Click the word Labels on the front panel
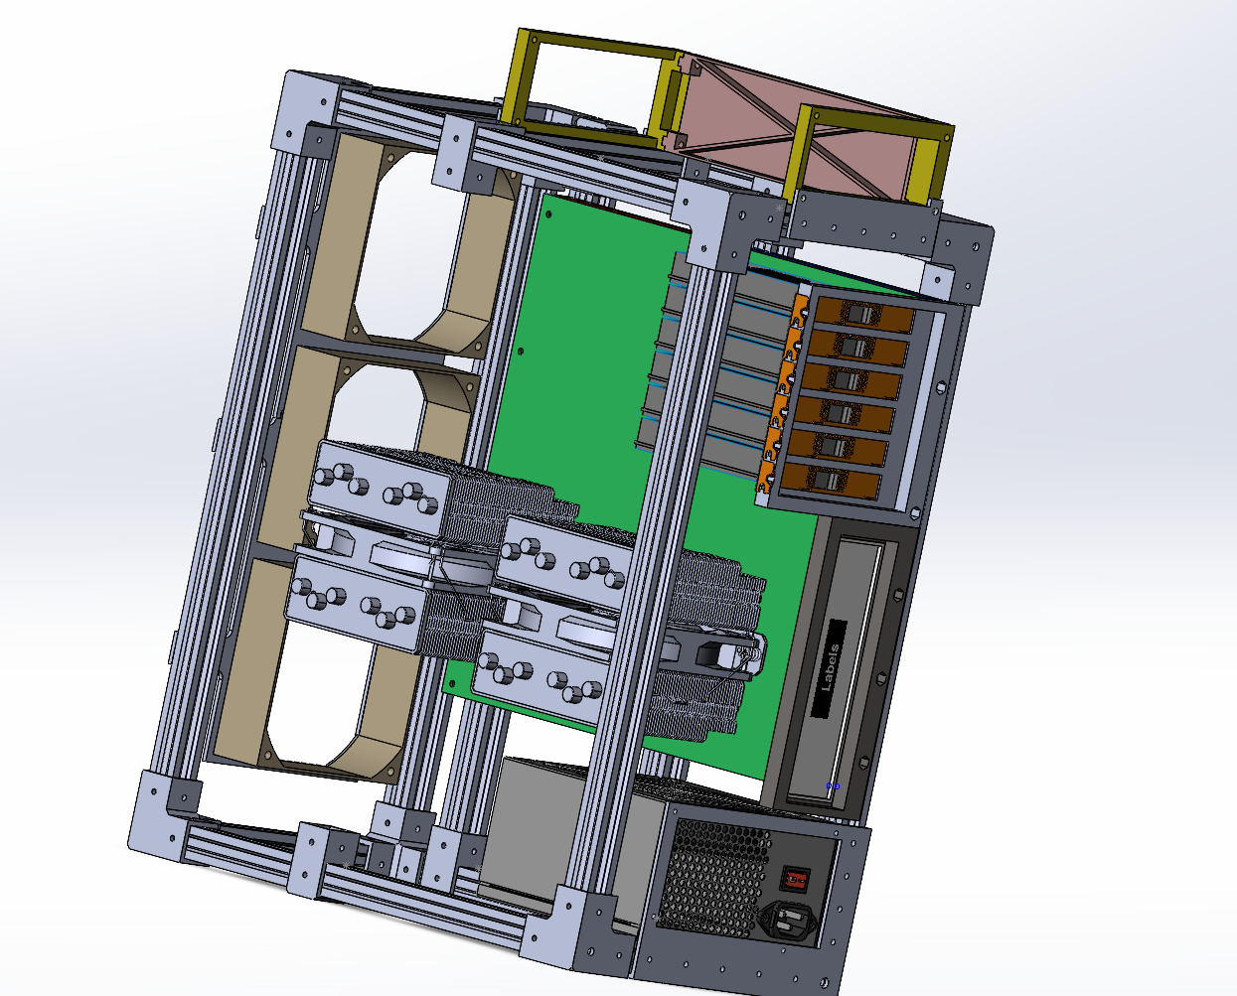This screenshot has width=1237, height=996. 831,667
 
